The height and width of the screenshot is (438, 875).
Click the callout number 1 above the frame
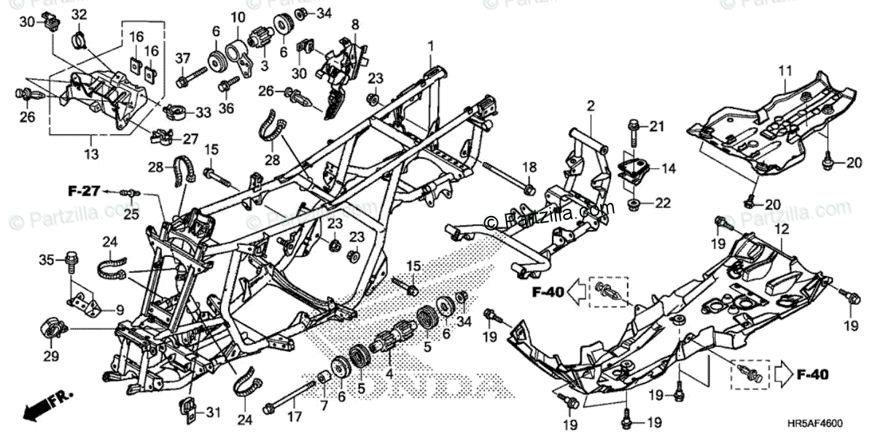click(430, 45)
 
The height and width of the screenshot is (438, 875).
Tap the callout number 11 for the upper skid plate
click(784, 71)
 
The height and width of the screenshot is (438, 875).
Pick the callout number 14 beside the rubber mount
click(669, 169)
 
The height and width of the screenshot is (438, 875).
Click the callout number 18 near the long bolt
click(529, 168)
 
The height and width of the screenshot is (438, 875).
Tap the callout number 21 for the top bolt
click(658, 128)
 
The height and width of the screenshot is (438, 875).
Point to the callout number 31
click(212, 413)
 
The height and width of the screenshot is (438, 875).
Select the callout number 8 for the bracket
click(355, 24)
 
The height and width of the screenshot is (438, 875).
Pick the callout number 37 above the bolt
click(182, 58)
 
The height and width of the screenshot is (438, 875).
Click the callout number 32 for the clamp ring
click(79, 15)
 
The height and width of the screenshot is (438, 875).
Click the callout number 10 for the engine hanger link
click(239, 16)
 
